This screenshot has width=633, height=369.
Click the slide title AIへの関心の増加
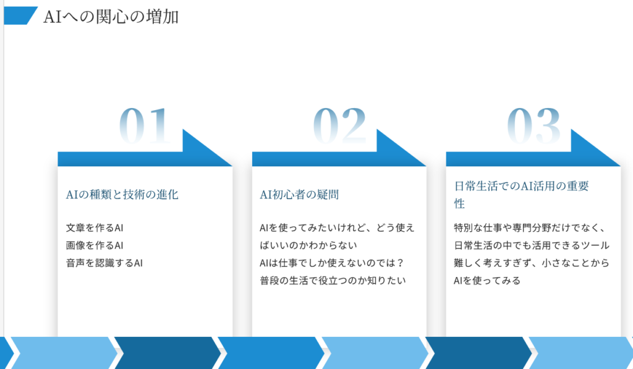(111, 17)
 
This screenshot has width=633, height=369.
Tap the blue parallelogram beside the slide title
(20, 15)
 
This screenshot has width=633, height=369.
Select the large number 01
(145, 125)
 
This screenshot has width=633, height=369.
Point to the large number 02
(339, 125)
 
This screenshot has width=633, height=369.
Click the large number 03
(533, 125)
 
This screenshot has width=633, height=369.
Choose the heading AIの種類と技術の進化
(122, 195)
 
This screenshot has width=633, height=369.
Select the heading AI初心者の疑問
(299, 195)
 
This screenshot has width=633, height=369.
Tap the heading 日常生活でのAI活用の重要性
(522, 195)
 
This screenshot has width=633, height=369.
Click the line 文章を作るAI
(95, 227)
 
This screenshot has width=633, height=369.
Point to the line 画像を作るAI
(95, 245)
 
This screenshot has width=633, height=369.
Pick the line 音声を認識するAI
(104, 263)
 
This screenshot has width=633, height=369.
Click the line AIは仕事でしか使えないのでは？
(332, 263)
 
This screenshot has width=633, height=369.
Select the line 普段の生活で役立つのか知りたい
(333, 281)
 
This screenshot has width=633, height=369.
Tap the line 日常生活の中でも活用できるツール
(532, 245)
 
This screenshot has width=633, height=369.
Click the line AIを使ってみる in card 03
(487, 281)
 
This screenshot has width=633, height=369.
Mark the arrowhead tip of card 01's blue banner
(232, 166)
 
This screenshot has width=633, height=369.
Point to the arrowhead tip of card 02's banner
(426, 166)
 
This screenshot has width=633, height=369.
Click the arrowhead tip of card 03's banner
(620, 166)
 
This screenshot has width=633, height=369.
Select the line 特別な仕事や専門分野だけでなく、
(530, 227)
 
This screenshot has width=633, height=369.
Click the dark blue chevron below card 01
(168, 353)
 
